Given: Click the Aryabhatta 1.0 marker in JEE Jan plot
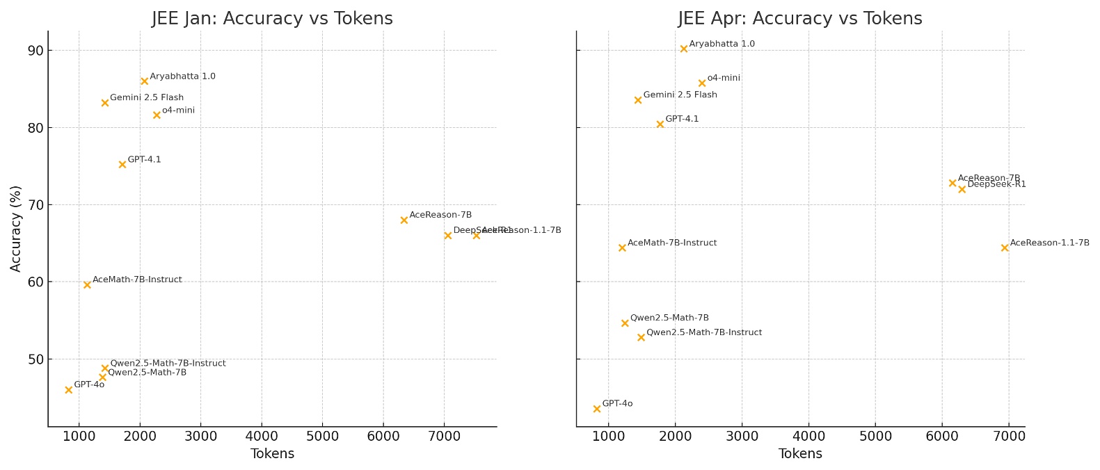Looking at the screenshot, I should point(145,81).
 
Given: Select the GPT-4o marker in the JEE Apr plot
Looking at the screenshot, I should point(597,409).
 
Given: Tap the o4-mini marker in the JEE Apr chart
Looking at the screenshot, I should point(702,83).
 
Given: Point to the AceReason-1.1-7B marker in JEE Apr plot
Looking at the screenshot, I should point(1005,248).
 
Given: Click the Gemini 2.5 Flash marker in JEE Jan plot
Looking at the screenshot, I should point(105,103).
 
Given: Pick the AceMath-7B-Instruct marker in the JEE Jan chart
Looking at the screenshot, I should point(87,285).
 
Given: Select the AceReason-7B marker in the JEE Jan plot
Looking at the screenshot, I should point(404,220).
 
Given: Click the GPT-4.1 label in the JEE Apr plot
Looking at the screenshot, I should point(682,120).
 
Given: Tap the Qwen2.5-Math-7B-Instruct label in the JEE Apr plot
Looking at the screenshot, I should point(704,333).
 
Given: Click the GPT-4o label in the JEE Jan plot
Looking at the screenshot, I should point(89,385).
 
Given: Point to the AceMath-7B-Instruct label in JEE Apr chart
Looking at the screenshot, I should point(672,243).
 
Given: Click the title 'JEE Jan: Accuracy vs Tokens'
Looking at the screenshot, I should point(272,19).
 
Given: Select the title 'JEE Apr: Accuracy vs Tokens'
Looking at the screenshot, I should point(800,19).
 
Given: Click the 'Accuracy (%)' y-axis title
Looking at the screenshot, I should point(16,228).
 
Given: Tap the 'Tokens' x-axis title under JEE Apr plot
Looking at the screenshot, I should point(800,454).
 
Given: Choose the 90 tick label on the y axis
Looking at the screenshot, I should point(35,51).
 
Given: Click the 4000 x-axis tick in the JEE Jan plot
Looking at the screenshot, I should point(262,436).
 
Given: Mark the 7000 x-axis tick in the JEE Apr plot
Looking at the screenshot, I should point(1009,436).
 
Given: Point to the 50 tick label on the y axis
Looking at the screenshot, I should point(35,359).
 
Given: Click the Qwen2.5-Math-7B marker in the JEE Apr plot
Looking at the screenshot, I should point(625,323).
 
